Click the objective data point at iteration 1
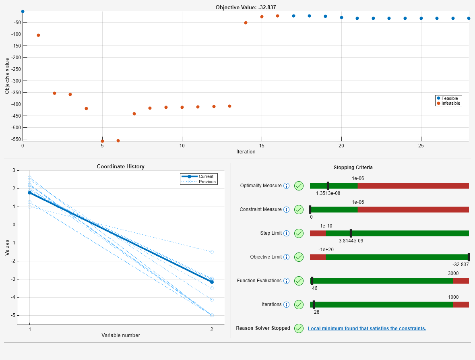coord(38,35)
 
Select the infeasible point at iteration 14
coord(246,23)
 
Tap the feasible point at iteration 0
coord(23,12)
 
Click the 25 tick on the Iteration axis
coord(421,145)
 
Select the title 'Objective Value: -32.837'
coord(246,7)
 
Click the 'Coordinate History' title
coord(120,166)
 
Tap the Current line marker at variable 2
coord(212,282)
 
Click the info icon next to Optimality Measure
coord(287,186)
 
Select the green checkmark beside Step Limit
coord(299,233)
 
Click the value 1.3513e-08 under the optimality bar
coord(328,193)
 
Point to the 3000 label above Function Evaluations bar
coord(453,273)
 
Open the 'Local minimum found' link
coord(367,329)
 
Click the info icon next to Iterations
coord(287,304)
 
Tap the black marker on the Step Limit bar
coord(351,233)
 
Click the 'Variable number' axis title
coord(120,335)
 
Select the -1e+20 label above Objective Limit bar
coord(326,250)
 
